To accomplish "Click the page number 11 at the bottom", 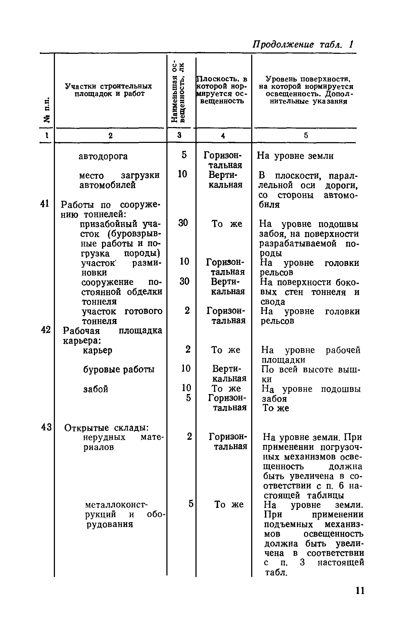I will click(360, 591).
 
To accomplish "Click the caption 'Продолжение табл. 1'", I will click(303, 44).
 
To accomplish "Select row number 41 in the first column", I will click(45, 204).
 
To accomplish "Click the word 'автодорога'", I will click(103, 156).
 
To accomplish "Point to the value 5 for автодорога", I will click(184, 155).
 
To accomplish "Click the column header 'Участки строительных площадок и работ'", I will click(109, 90).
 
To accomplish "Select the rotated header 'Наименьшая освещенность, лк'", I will click(178, 93).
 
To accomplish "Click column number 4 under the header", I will click(223, 136).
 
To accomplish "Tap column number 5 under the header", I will click(306, 136).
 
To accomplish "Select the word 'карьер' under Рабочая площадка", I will click(97, 350).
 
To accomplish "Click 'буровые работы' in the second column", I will click(119, 370).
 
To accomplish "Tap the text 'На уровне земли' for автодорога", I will click(295, 156).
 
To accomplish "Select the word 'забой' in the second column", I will click(96, 389).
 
